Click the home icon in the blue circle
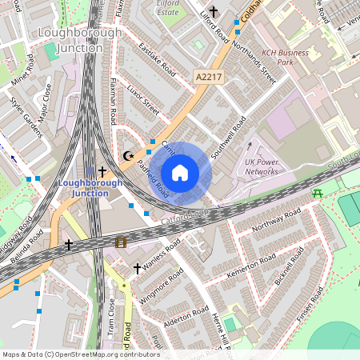180,173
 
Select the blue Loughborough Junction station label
90,188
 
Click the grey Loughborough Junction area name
81,40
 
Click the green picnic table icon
318,193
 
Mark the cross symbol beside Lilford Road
213,12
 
